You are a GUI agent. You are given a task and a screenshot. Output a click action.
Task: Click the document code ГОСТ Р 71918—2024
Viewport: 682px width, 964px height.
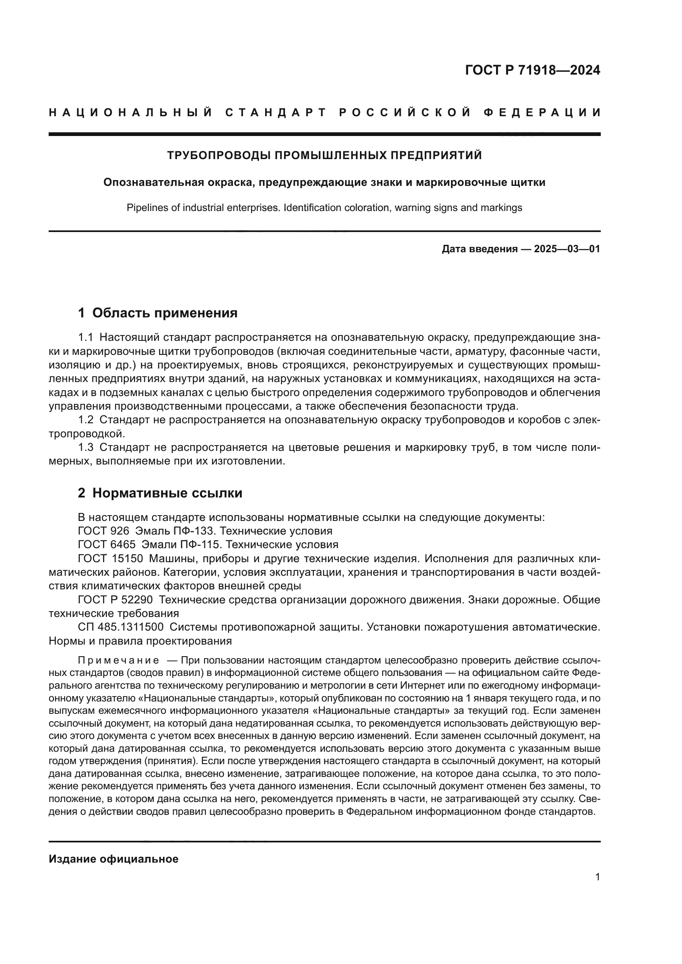(532, 70)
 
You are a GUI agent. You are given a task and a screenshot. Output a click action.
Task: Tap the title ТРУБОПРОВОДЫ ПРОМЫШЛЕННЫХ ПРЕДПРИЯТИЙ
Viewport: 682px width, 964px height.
(324, 155)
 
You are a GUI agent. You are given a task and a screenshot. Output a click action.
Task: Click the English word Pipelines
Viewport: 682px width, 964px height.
(145, 207)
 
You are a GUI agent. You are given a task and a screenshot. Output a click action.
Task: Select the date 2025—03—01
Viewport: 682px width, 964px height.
(567, 249)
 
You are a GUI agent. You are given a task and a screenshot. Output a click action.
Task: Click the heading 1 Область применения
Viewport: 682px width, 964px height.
(158, 313)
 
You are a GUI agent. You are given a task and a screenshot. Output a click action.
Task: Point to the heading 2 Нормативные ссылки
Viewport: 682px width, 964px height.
(160, 493)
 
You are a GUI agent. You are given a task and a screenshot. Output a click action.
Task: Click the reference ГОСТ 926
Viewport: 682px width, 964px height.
(103, 531)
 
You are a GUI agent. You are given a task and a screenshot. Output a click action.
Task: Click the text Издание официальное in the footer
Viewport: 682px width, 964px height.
(113, 859)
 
